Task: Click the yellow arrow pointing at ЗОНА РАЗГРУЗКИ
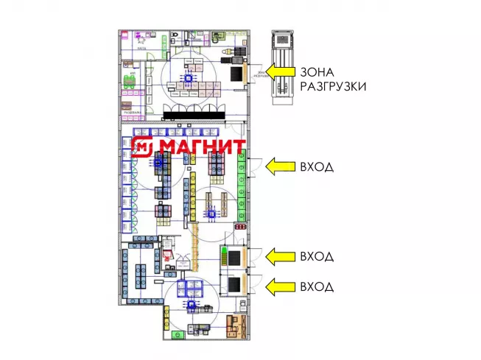pyautogui.click(x=280, y=71)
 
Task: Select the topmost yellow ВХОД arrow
pyautogui.click(x=280, y=167)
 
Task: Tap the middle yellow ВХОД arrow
pyautogui.click(x=280, y=256)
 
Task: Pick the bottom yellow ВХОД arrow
pyautogui.click(x=280, y=286)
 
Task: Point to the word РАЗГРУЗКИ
pyautogui.click(x=333, y=86)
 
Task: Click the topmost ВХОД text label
pyautogui.click(x=317, y=167)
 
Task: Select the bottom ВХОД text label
pyautogui.click(x=317, y=286)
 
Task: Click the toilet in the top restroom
pyautogui.click(x=175, y=36)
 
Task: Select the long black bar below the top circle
pyautogui.click(x=194, y=112)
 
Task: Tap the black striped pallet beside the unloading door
pyautogui.click(x=237, y=74)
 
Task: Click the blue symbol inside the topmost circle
pyautogui.click(x=188, y=77)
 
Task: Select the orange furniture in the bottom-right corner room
pyautogui.click(x=236, y=324)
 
